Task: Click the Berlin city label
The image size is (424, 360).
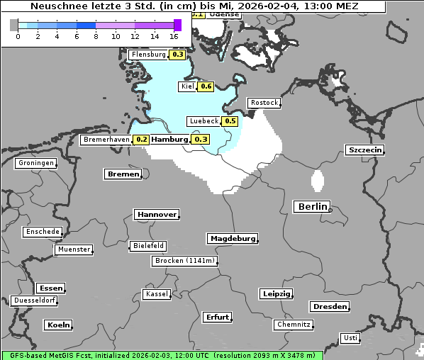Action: click(x=312, y=207)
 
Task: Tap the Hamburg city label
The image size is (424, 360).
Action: click(x=170, y=140)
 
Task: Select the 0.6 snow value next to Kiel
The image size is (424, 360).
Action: click(x=206, y=86)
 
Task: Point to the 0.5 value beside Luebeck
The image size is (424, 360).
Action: click(x=230, y=121)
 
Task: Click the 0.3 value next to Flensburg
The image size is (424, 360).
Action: click(x=178, y=55)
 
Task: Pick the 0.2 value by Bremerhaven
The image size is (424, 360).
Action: click(x=142, y=140)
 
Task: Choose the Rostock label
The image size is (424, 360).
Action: click(x=264, y=103)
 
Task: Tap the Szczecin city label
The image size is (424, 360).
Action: click(x=365, y=150)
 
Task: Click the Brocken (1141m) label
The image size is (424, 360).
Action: click(x=184, y=261)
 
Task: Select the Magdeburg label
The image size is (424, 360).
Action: click(x=233, y=238)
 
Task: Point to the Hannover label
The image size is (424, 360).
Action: click(x=156, y=214)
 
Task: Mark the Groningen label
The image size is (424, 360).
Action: click(x=36, y=163)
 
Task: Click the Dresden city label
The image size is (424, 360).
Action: click(x=330, y=306)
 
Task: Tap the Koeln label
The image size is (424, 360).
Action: click(x=59, y=325)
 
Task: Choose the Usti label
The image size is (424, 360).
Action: click(x=350, y=338)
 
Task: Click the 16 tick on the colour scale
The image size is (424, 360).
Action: click(x=174, y=36)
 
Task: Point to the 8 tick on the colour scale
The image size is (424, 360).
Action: click(x=96, y=36)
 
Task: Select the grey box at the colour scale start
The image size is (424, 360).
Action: click(x=13, y=25)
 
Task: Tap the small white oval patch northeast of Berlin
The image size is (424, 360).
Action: click(x=318, y=181)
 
